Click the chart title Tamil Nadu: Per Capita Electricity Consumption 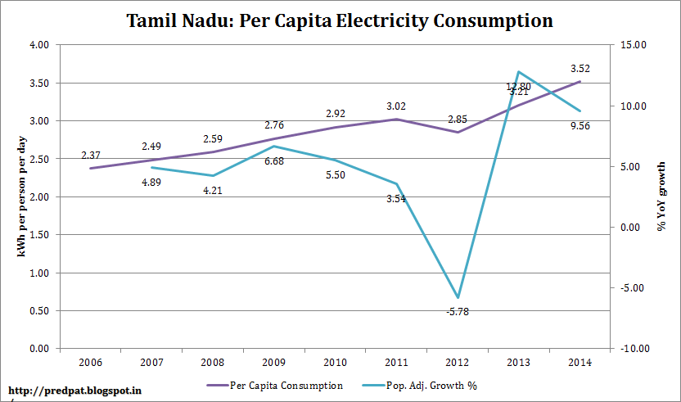[340, 20]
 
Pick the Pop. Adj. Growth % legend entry [434, 385]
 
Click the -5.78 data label [458, 312]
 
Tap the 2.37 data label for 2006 [91, 155]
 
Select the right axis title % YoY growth [661, 196]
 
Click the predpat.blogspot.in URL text [69, 391]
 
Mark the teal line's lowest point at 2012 [458, 297]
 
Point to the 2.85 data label [458, 119]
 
